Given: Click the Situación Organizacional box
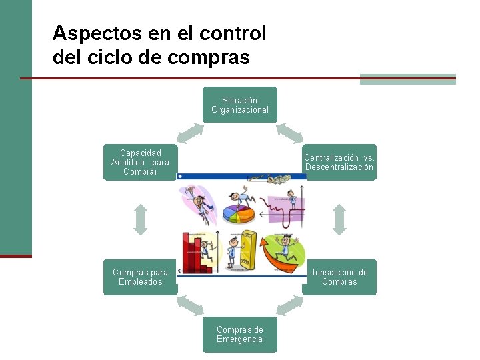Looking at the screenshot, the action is pos(240,105).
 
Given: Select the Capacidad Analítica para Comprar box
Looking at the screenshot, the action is pos(140,162).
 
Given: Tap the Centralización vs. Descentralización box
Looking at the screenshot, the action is pos(339,162).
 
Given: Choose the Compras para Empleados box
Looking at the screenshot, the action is pos(140,277).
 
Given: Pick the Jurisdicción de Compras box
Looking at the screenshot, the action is pos(339,277).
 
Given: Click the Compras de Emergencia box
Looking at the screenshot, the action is pos(240,334).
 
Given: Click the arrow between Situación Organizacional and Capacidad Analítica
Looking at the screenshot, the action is pos(190,133).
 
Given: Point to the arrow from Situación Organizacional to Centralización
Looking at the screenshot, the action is pos(289,133).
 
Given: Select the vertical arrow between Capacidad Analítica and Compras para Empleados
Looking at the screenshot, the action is pos(140,219).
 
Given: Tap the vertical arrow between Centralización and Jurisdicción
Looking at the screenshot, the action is pos(339,219).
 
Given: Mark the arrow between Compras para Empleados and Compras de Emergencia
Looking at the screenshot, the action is pos(190,305).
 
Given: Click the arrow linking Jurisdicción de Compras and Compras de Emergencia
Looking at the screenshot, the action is pos(289,305).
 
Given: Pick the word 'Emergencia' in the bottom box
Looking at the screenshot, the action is pos(240,339).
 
